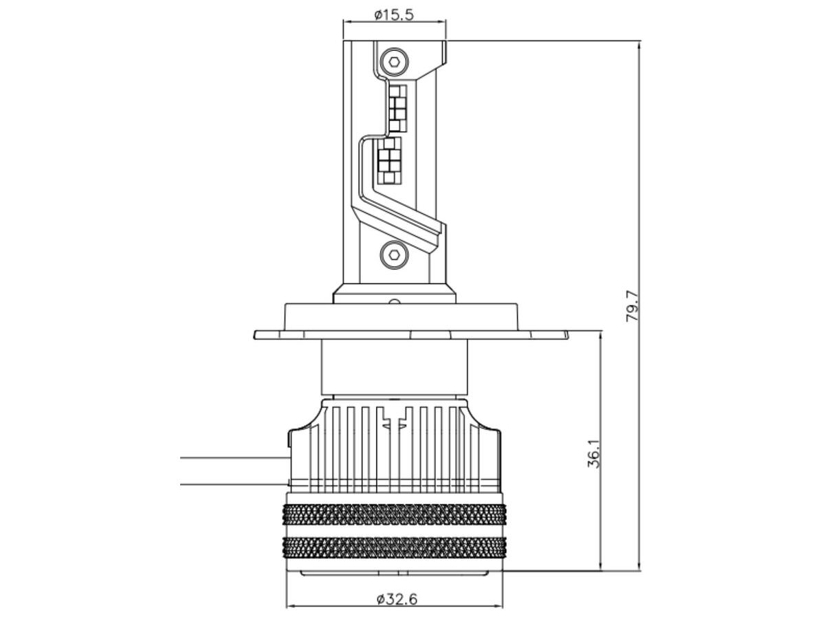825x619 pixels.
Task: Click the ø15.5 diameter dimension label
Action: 394,15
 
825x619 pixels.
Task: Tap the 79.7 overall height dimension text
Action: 632,305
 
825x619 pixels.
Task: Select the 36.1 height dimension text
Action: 593,454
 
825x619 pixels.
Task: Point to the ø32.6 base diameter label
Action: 397,598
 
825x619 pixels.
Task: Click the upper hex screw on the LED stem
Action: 394,62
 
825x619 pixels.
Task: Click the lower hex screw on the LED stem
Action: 394,254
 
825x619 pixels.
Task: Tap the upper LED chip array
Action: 397,109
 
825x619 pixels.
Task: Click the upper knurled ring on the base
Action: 394,514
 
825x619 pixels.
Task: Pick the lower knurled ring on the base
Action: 394,548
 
